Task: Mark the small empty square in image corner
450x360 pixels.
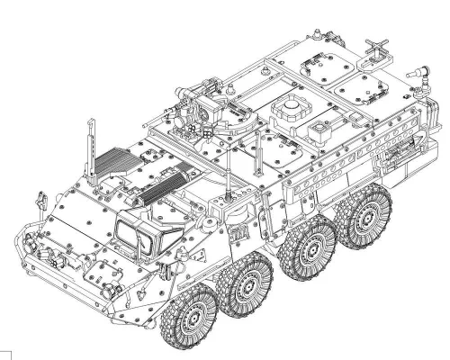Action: pos(5,354)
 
